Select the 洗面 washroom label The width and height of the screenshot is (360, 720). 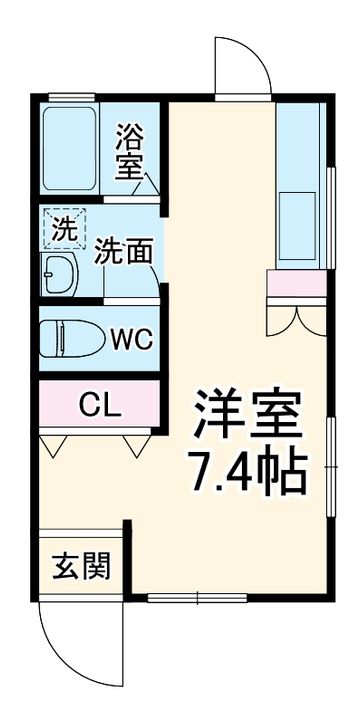click(124, 252)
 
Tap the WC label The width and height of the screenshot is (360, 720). click(131, 339)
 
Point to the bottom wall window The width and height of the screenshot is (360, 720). click(197, 599)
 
